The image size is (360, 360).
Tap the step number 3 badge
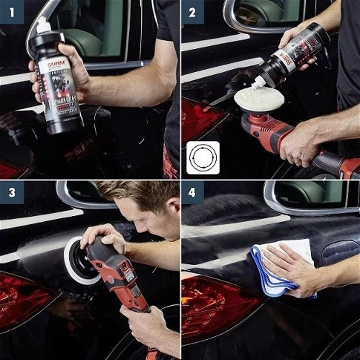click(x=12, y=192)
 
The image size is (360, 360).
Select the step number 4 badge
click(x=192, y=192)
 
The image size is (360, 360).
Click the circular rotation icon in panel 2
click(x=203, y=157)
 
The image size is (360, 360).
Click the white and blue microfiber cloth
click(x=279, y=270)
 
